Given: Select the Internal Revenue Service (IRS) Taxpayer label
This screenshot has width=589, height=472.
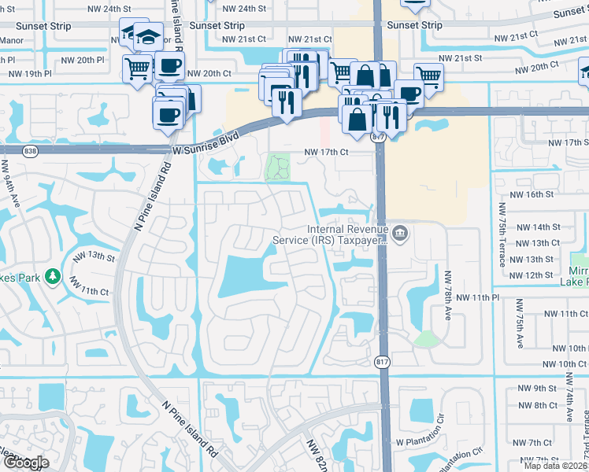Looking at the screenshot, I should [330, 234].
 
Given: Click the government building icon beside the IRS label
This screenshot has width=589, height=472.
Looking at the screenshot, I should [400, 234].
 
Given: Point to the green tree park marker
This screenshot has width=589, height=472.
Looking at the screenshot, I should [52, 276].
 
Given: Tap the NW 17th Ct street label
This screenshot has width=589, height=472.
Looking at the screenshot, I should [326, 153].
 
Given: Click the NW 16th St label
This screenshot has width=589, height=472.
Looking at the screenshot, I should [533, 194].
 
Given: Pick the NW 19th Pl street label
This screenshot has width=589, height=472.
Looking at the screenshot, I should [29, 74].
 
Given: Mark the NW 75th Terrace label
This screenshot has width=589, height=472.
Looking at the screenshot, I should [500, 234].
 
